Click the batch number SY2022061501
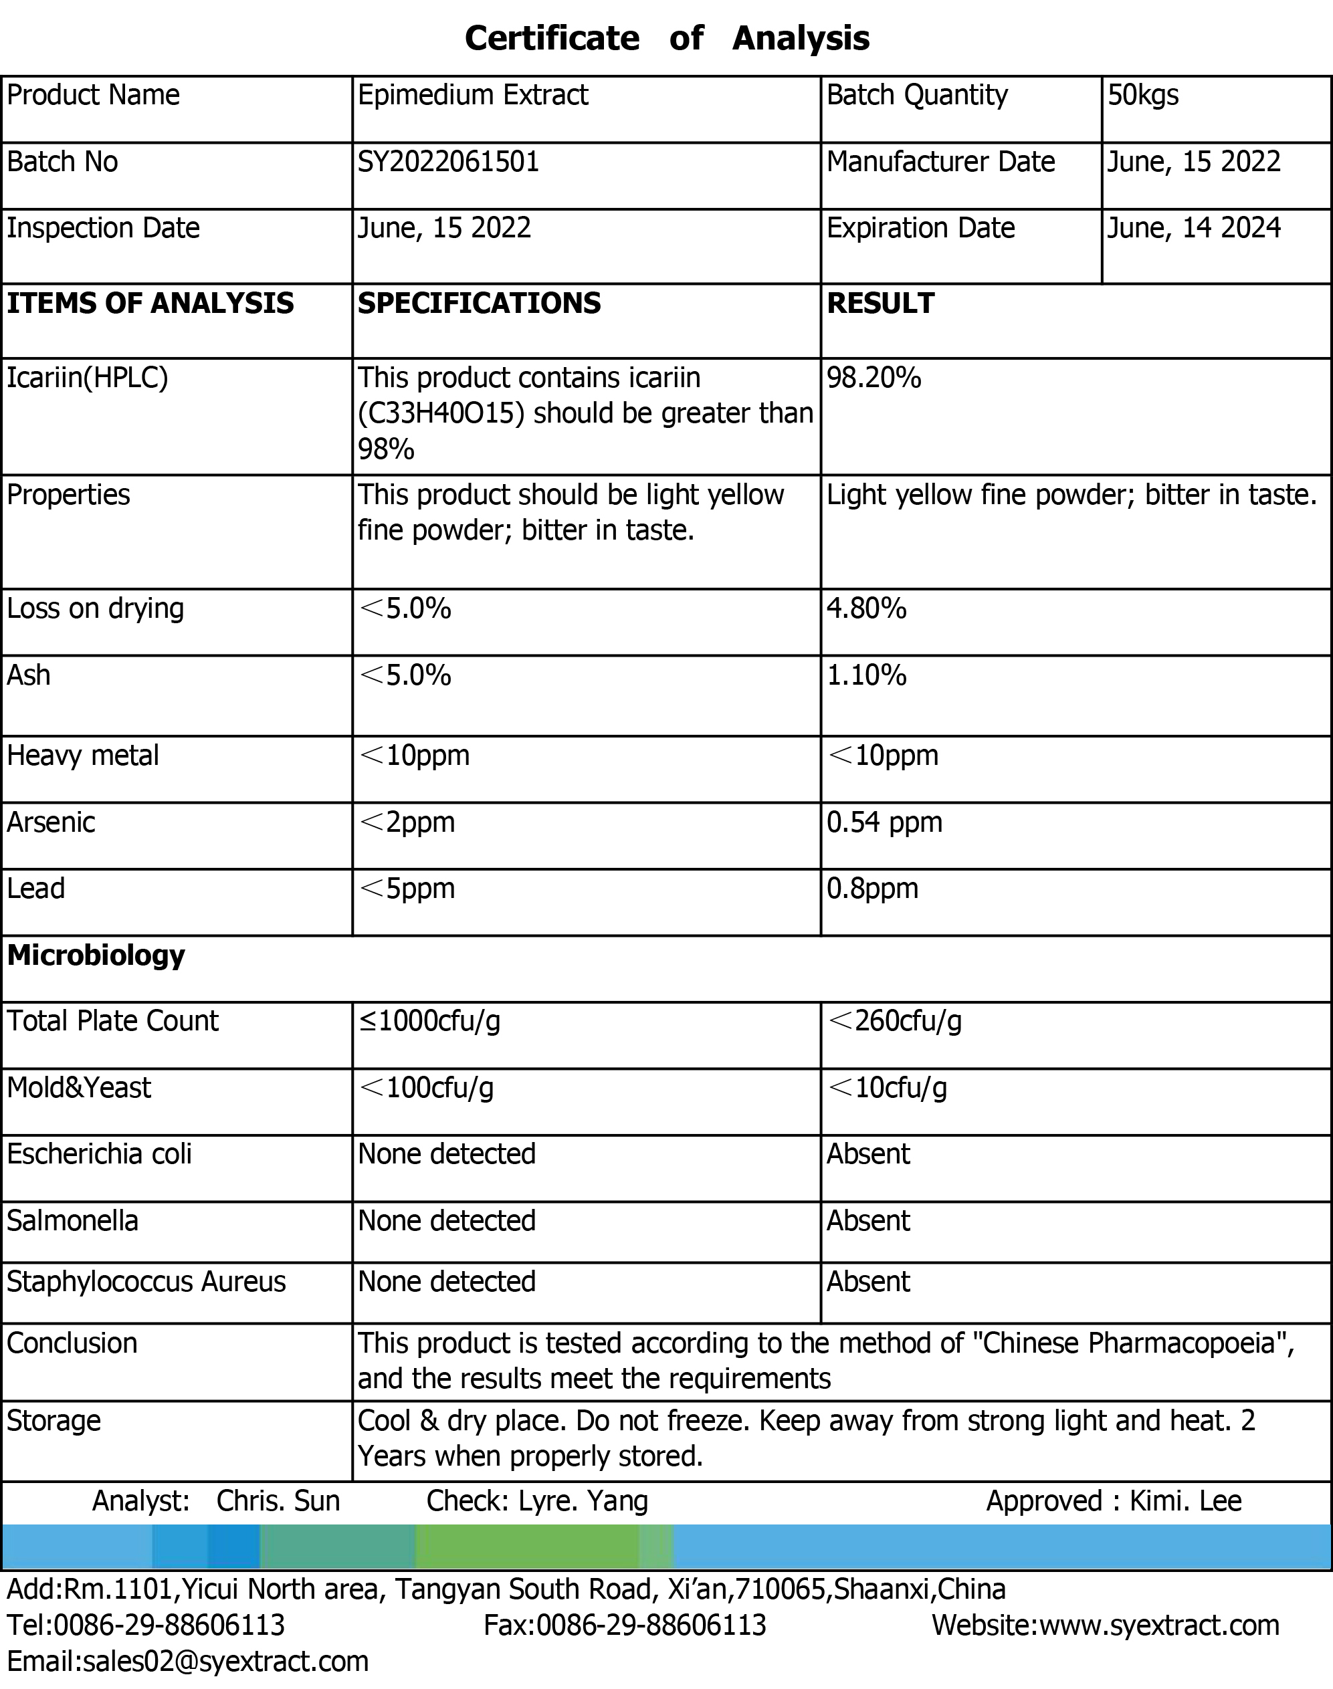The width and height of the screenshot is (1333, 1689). pos(448,162)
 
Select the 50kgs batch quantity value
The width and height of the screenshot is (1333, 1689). pos(1142,95)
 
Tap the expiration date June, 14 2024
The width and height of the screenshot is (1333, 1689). pos(1193,228)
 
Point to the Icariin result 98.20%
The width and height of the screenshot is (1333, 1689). pos(874,378)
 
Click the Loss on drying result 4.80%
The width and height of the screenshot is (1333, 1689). pos(866,608)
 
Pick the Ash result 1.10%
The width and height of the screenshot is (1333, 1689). pos(866,675)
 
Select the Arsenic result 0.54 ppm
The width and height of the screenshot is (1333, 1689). pos(884,822)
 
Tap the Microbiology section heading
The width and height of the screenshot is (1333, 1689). pos(96,955)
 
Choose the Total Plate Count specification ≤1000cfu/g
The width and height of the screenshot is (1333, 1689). pos(429,1021)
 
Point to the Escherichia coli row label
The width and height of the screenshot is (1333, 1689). pos(99,1154)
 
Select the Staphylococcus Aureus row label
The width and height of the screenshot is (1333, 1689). pos(146,1282)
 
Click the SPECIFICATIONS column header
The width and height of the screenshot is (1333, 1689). pos(479,304)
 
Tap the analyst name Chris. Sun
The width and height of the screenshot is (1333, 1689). pos(278,1501)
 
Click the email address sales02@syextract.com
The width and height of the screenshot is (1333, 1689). pos(225,1661)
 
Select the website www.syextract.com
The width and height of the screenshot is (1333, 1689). pos(1159,1625)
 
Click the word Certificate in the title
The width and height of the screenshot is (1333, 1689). pos(552,38)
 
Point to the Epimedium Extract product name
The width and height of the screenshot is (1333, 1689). pos(472,95)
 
